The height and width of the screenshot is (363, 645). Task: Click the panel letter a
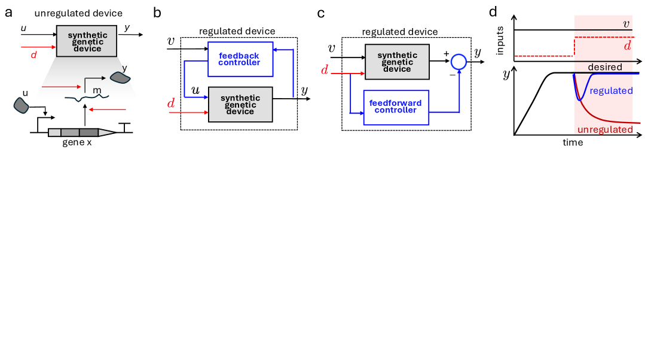tap(9, 13)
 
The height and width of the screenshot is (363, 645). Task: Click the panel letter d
tap(493, 12)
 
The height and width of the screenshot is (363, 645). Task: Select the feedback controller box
tap(239, 59)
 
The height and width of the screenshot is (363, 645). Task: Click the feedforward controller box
tap(395, 107)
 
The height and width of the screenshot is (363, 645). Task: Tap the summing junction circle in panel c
tap(458, 62)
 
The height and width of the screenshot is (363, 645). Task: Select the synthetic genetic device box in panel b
tap(240, 104)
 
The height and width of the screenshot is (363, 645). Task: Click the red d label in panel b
tap(172, 104)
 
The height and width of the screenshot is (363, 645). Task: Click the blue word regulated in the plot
tap(610, 90)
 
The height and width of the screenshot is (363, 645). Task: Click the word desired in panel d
tap(605, 67)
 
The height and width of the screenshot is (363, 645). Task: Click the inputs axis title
tap(500, 40)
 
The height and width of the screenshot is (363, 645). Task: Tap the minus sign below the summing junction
tap(453, 75)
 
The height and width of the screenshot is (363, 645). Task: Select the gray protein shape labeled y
tap(119, 78)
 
